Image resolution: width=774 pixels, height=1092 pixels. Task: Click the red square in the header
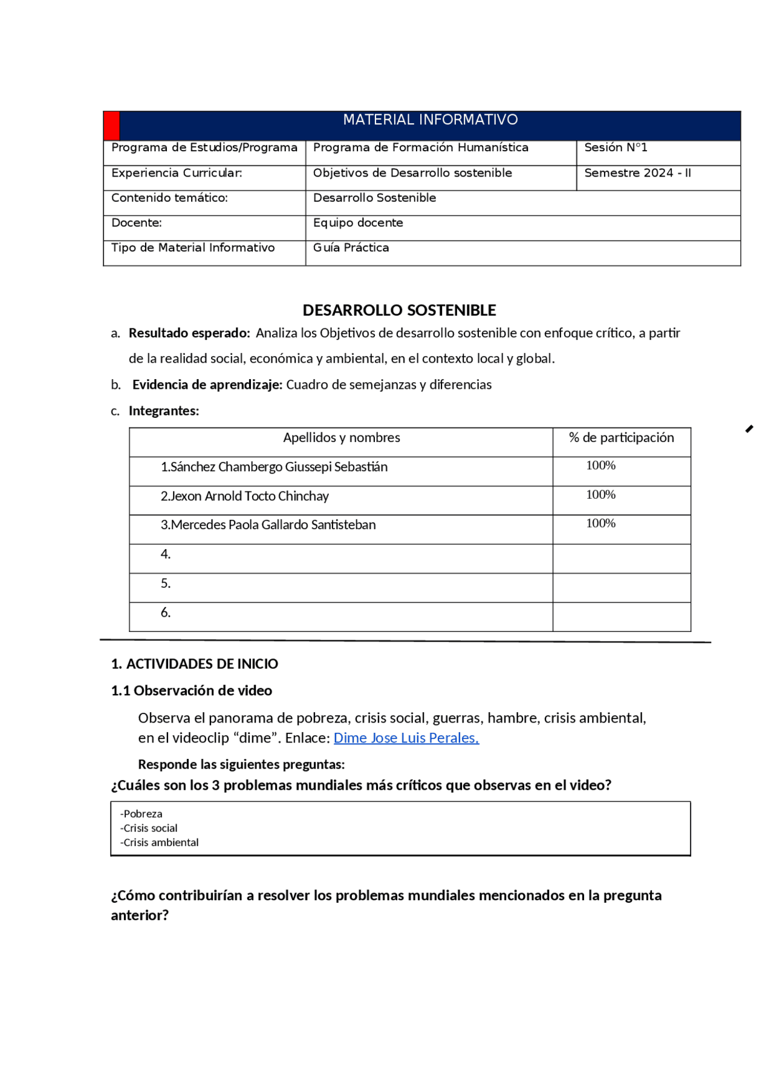[x=112, y=126]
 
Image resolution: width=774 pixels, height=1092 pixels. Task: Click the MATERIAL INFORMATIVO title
[x=430, y=120]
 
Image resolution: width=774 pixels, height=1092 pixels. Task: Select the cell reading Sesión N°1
[x=615, y=148]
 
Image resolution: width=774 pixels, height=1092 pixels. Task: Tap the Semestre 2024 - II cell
[x=637, y=173]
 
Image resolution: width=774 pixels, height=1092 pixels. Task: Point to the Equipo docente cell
[x=358, y=223]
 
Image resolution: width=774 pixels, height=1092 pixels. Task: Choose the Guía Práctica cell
[x=351, y=248]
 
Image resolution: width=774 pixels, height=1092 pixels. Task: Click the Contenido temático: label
[x=169, y=198]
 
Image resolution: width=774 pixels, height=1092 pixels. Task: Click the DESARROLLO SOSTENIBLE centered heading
[x=399, y=310]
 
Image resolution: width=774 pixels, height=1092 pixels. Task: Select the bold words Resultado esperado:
[x=189, y=333]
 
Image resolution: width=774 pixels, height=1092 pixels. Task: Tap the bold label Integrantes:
[x=163, y=411]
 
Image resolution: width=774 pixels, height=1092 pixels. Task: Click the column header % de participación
[x=621, y=438]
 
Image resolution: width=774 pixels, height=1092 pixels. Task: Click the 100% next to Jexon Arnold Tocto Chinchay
[x=600, y=495]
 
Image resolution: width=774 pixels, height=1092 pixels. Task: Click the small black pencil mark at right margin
[x=749, y=429]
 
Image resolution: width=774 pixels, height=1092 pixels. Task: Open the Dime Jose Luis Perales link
[x=406, y=738]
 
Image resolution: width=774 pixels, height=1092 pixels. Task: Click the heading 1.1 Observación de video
[x=192, y=691]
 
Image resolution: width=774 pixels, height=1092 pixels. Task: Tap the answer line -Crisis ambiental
[x=160, y=842]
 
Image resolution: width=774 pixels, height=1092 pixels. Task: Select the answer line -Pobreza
[x=141, y=814]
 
